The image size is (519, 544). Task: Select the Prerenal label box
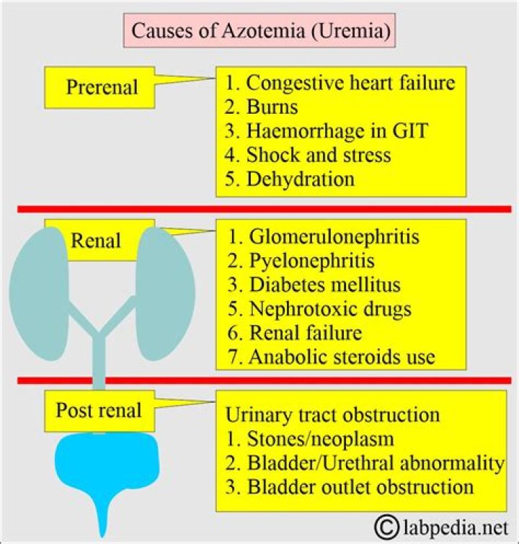click(x=102, y=87)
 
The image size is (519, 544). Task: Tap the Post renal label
click(x=99, y=411)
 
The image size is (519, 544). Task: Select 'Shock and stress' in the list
click(x=309, y=155)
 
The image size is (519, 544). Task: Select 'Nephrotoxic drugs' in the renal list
click(x=319, y=308)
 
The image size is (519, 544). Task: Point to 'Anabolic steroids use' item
click(x=331, y=357)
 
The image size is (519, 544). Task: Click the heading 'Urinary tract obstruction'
click(x=333, y=415)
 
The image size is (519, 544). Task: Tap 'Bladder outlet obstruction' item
click(x=350, y=486)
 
